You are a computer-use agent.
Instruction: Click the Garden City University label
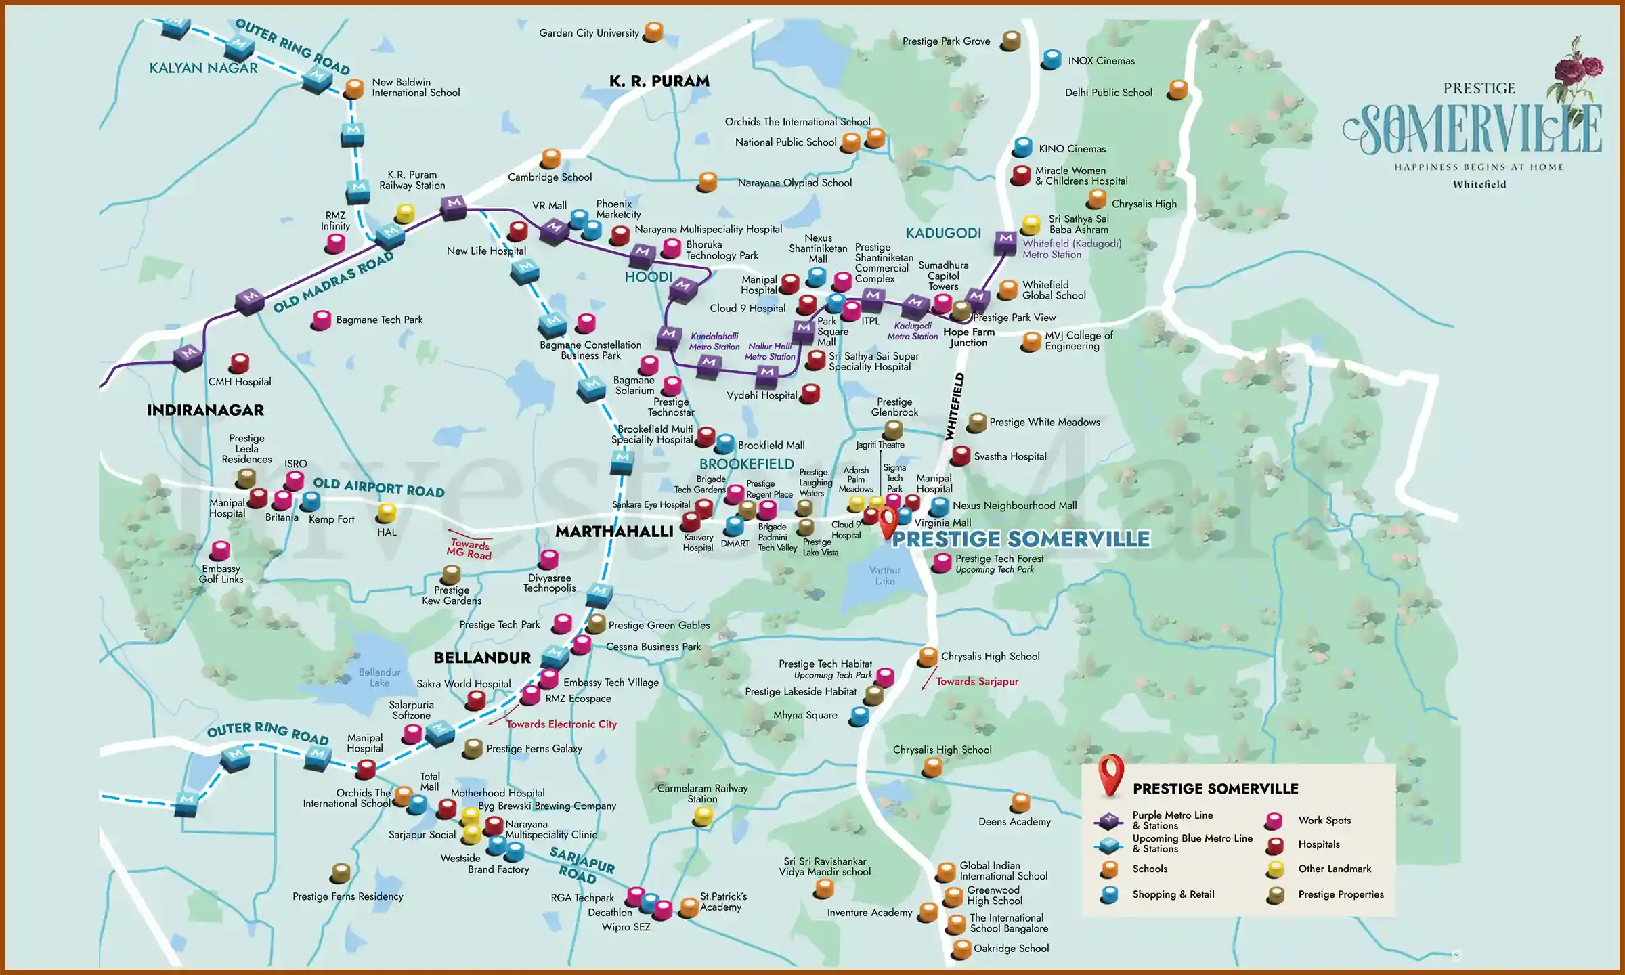pos(588,32)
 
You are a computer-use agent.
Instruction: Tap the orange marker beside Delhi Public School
pos(1178,89)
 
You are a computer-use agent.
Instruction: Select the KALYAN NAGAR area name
pos(203,68)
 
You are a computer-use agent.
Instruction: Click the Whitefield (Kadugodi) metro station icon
pos(1005,241)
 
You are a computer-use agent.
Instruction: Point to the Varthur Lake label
pos(884,576)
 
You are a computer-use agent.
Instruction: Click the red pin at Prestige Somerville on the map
pos(888,521)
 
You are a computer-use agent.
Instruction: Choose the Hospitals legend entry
pos(1318,844)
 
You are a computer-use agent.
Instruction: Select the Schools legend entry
pos(1150,869)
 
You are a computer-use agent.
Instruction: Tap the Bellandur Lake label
pos(379,677)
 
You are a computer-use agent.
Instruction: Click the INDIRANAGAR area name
pos(205,410)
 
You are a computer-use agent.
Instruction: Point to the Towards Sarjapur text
pos(976,682)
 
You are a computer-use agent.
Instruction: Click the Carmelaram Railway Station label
pos(702,794)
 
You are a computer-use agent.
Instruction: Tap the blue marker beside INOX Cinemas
pos(1052,60)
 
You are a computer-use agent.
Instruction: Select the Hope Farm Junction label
pos(968,337)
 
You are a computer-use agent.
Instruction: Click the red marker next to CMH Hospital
pos(239,364)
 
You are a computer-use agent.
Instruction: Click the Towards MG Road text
pos(469,548)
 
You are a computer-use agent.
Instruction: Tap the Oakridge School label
pos(1011,948)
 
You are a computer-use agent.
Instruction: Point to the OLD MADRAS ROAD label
pos(333,282)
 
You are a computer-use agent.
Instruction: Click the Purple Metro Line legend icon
pos(1108,821)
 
